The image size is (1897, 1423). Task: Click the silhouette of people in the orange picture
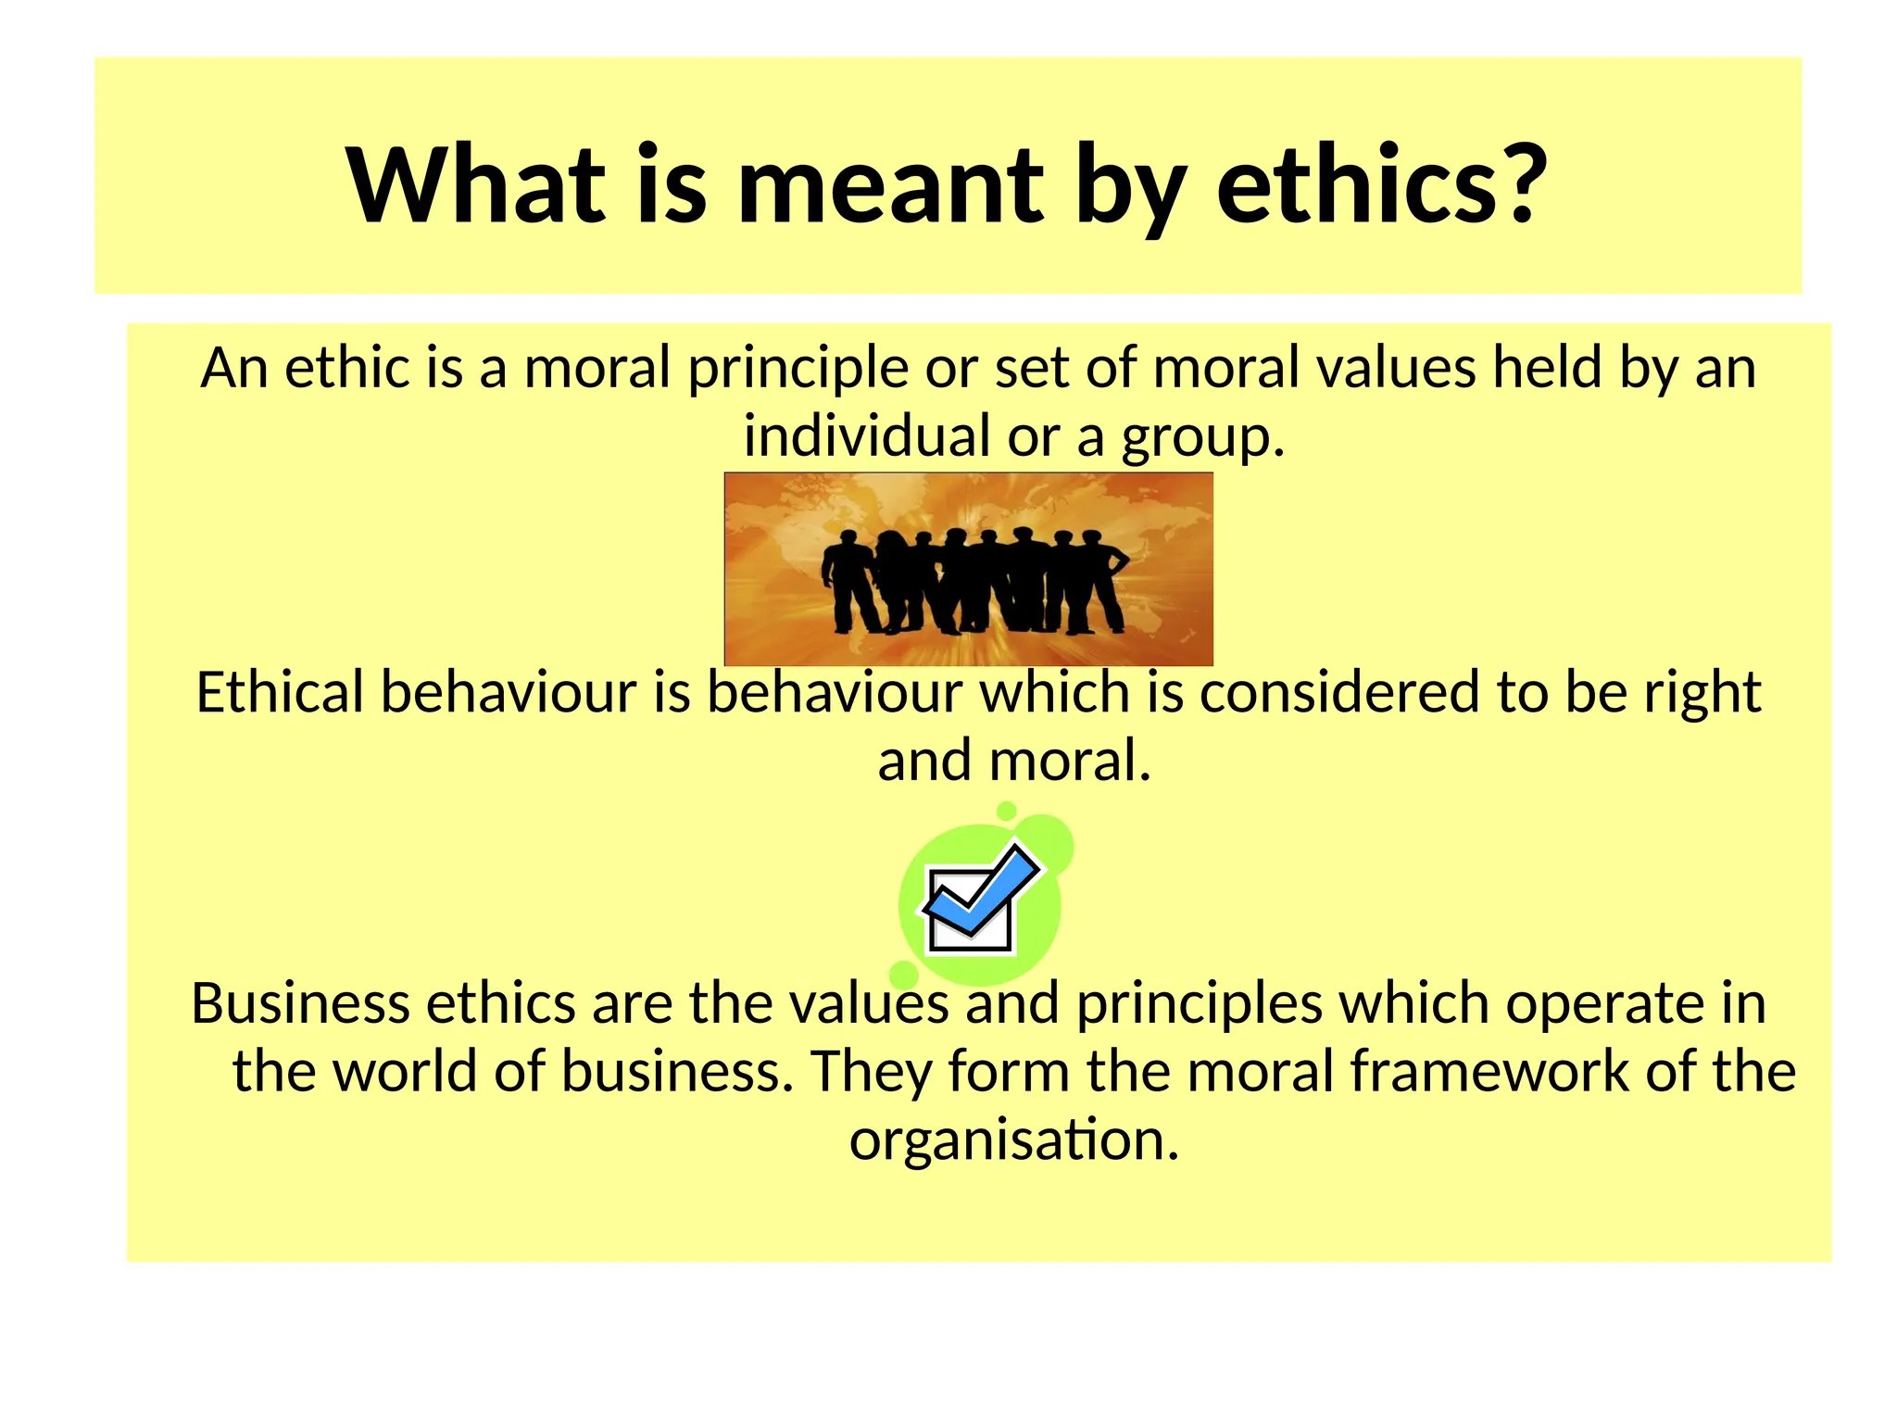pos(973,579)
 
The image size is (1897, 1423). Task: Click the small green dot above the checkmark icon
pos(1007,812)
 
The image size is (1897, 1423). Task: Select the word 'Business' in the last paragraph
pos(299,1003)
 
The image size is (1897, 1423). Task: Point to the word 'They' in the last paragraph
pos(870,1073)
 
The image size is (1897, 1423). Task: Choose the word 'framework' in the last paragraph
pos(1488,1072)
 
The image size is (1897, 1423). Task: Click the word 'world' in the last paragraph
pos(404,1072)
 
